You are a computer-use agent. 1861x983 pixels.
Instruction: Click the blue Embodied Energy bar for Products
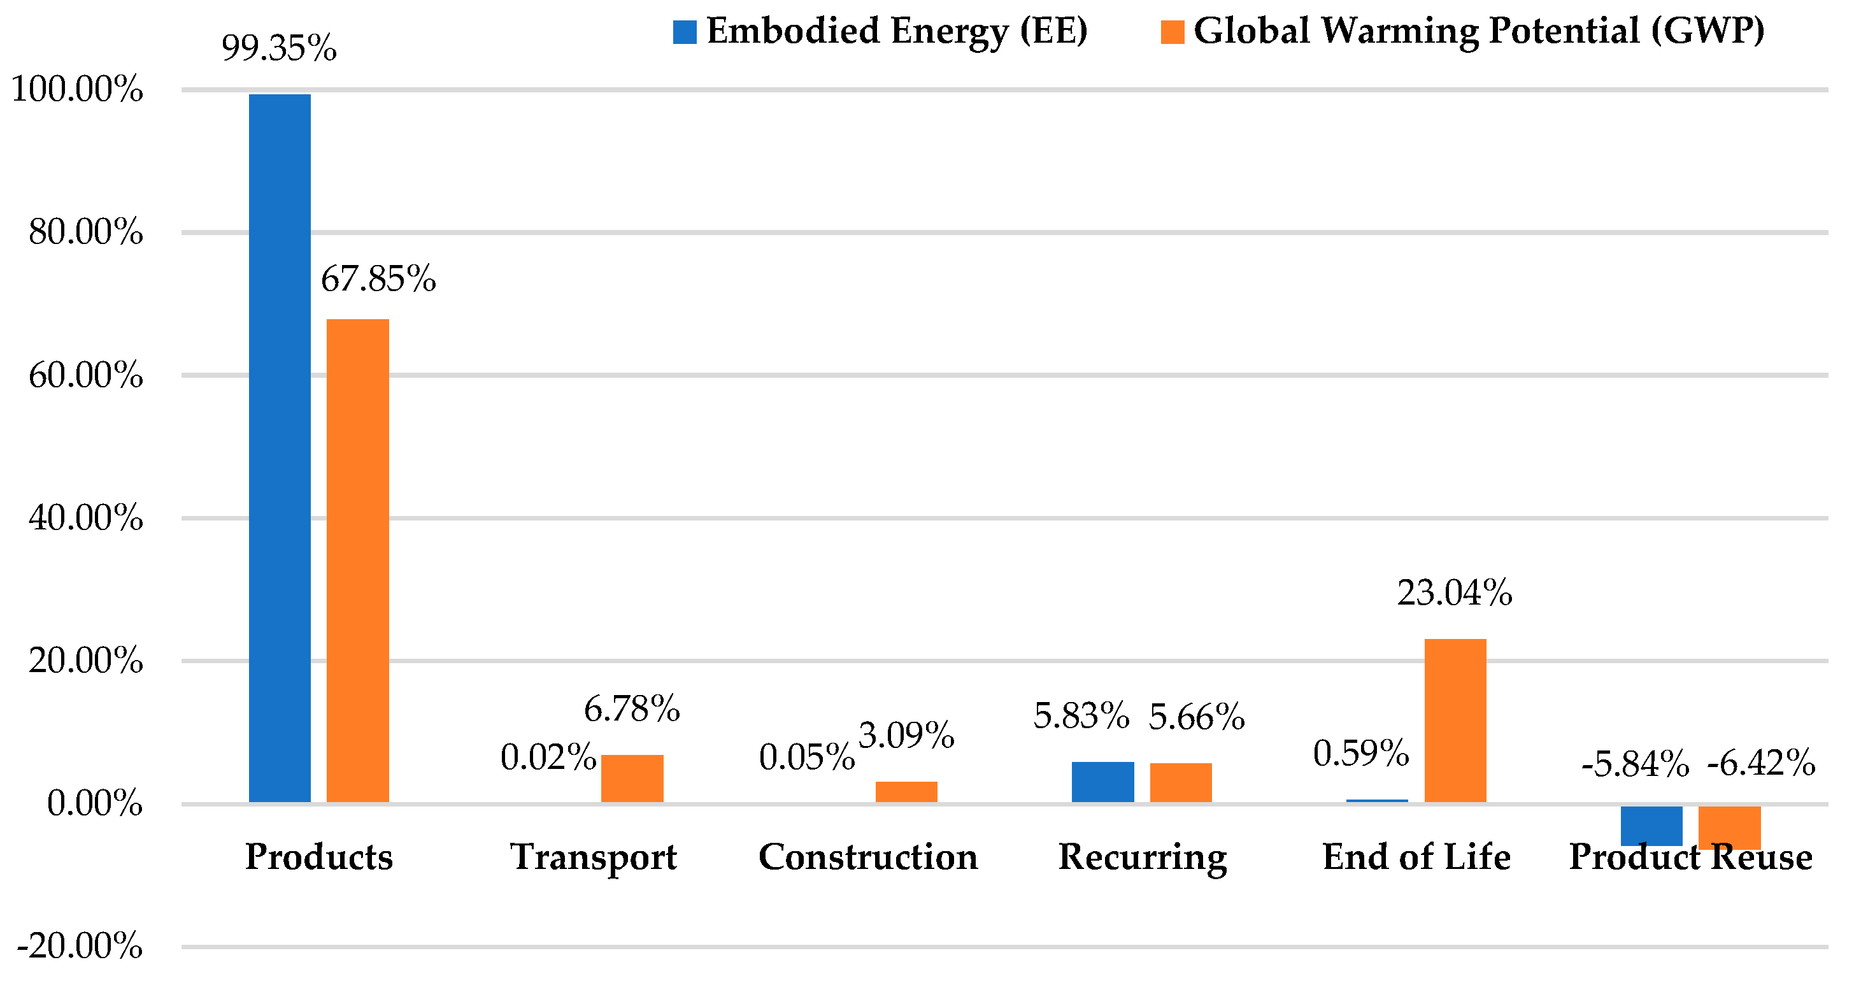pos(280,448)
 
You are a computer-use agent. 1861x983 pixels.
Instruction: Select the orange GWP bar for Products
pos(357,561)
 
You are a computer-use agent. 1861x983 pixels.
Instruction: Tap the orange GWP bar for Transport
pos(632,779)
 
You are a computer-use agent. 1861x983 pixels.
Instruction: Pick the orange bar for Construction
pos(906,791)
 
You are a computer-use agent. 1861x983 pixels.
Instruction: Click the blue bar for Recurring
pos(1102,782)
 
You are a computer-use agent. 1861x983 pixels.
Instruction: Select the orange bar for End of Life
pos(1455,721)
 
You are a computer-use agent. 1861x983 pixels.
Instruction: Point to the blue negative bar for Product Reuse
pos(1651,826)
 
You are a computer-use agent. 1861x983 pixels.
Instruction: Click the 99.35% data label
pos(279,48)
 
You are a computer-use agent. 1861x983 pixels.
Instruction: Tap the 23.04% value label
pos(1454,592)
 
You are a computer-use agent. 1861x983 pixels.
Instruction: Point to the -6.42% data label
pos(1761,763)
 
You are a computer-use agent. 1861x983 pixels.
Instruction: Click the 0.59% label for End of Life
pos(1361,753)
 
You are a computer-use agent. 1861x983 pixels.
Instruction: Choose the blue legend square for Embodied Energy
pos(685,32)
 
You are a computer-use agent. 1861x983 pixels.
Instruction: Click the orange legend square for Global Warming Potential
pos(1173,32)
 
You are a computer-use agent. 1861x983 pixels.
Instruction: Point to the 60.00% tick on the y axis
pos(86,376)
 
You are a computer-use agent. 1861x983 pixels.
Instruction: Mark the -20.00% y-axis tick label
pos(80,946)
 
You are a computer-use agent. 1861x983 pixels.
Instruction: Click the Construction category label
pos(868,857)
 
